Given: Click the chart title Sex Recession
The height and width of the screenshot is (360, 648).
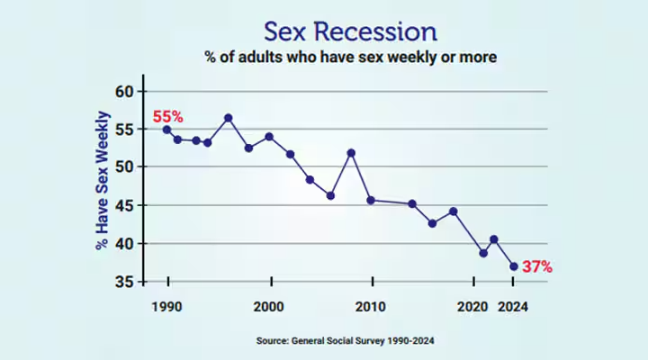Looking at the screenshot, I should click(x=350, y=31).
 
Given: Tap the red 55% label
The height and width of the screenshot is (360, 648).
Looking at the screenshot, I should click(x=167, y=117).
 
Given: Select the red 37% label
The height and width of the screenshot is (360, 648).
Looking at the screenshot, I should click(x=536, y=267).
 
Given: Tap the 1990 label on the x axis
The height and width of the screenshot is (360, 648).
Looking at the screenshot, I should click(x=167, y=307).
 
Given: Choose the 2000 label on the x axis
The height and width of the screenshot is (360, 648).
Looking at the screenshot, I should click(x=269, y=307).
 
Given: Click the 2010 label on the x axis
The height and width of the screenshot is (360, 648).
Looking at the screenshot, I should click(x=371, y=307).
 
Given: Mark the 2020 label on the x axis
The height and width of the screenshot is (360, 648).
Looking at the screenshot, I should click(x=472, y=307).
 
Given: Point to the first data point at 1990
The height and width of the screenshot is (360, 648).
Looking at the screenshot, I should click(x=167, y=130).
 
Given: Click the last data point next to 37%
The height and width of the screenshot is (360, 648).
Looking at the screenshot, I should click(x=514, y=266).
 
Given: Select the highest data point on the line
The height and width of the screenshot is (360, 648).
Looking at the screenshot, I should click(x=229, y=118).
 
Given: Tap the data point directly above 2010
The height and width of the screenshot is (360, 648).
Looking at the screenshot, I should click(x=371, y=200).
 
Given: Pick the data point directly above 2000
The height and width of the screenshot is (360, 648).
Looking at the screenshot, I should click(x=269, y=137).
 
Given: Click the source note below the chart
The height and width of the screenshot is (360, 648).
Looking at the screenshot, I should click(x=351, y=341).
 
